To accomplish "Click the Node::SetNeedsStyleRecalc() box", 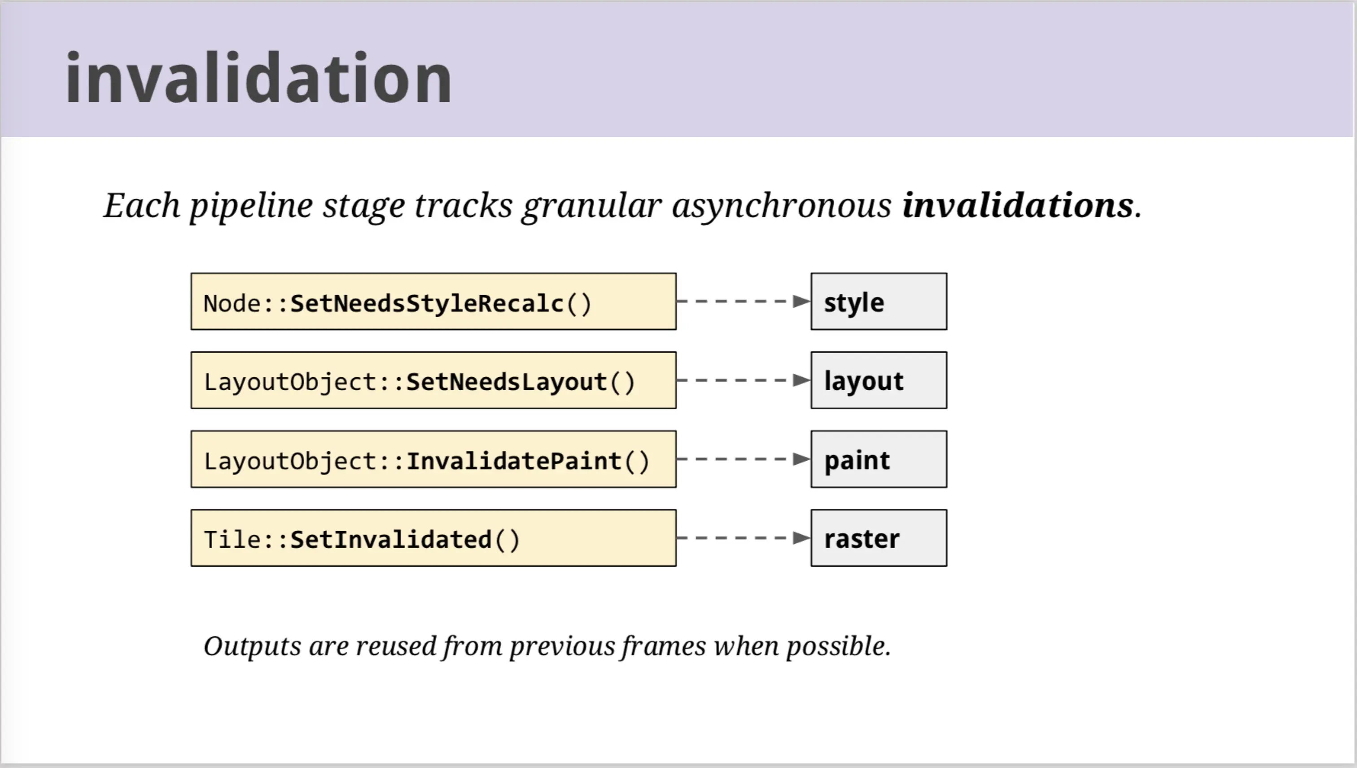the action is [x=433, y=301].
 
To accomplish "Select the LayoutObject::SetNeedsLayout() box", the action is [x=433, y=380].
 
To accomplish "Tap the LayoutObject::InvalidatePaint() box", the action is [x=433, y=459].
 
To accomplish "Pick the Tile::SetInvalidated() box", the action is [x=433, y=538].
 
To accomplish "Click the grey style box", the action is [x=879, y=301].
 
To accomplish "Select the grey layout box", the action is [x=879, y=380].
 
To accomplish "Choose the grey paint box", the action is [x=879, y=459].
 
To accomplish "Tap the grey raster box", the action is [x=879, y=538].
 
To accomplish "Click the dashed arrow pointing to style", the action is [x=744, y=301].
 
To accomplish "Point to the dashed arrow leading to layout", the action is [x=744, y=380].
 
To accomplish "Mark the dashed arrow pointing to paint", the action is [x=744, y=459].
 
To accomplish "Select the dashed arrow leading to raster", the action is [x=744, y=538].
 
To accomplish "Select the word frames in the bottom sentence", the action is [x=663, y=646].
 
